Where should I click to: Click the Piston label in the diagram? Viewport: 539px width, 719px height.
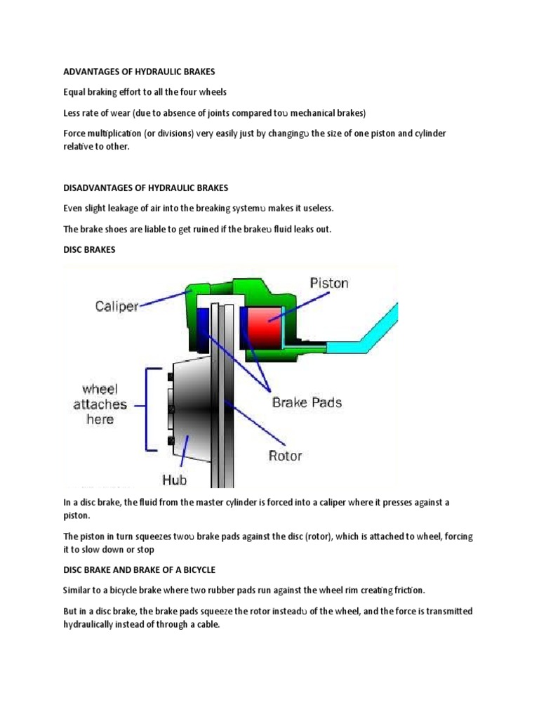pyautogui.click(x=329, y=284)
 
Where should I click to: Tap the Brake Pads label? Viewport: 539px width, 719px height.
pyautogui.click(x=307, y=402)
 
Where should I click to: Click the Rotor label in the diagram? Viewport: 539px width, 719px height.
pyautogui.click(x=285, y=455)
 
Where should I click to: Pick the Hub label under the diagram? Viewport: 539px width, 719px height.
pyautogui.click(x=175, y=480)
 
